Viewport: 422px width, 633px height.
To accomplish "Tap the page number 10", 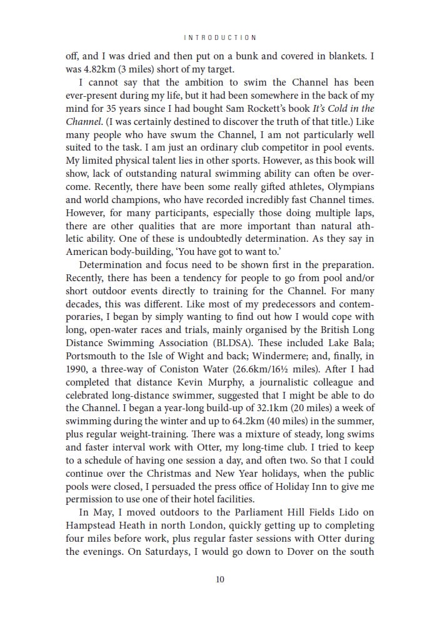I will [x=220, y=579].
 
